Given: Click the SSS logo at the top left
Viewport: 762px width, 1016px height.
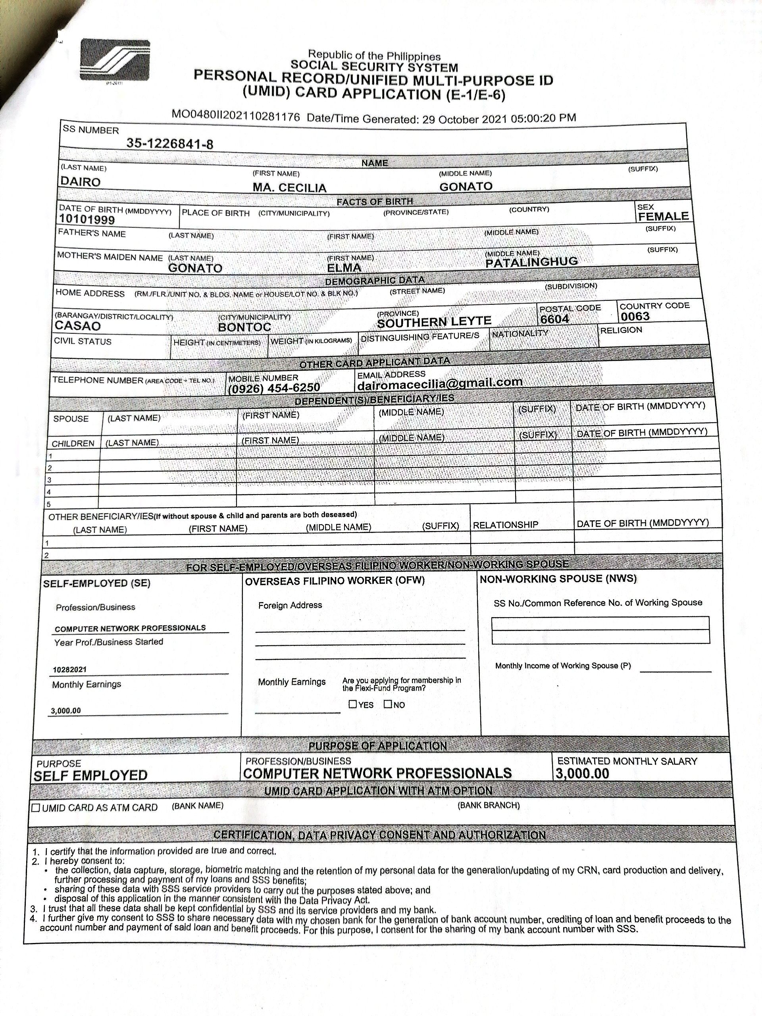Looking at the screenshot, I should [x=115, y=61].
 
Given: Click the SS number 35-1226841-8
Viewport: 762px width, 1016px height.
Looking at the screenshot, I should [x=169, y=144].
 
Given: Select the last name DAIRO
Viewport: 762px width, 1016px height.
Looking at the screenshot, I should [x=81, y=181].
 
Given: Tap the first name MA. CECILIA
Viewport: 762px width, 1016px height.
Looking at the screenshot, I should [x=289, y=187].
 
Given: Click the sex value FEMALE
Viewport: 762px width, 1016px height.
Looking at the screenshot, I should [x=663, y=216].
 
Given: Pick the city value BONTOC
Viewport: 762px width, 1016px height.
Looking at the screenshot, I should [x=244, y=327].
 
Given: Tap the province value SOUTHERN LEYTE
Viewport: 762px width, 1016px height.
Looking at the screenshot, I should [x=434, y=321].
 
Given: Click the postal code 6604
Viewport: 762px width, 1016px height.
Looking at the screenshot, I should [x=554, y=319].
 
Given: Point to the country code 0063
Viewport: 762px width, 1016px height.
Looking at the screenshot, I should [x=635, y=316].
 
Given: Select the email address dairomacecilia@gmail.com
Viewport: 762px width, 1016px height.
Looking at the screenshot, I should [x=440, y=382].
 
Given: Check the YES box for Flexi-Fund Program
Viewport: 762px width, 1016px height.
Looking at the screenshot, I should [x=353, y=704].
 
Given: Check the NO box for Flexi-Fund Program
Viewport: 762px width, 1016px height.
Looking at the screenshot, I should [x=388, y=704].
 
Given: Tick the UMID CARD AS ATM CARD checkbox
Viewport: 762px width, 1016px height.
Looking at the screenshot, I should [x=36, y=808].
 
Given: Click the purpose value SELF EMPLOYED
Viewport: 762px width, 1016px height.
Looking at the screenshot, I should [x=90, y=776].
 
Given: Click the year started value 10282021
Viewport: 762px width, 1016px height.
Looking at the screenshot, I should [x=70, y=670].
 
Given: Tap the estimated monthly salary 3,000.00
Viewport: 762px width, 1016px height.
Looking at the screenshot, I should [x=582, y=774].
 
